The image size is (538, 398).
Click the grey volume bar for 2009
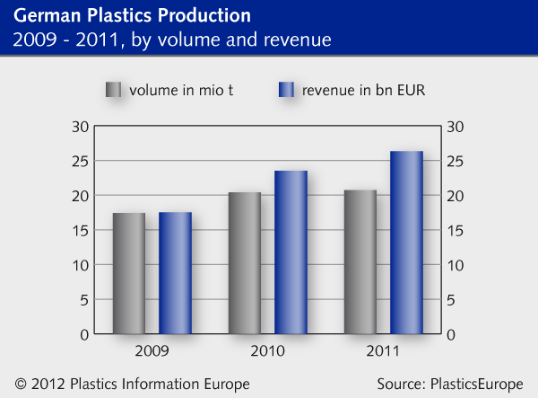tap(128, 273)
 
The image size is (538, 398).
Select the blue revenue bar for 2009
tap(176, 273)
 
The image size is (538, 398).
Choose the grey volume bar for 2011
tap(360, 261)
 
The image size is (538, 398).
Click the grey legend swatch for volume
tap(113, 90)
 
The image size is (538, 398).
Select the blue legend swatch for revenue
tap(286, 90)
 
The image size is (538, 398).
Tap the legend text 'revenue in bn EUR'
tap(359, 90)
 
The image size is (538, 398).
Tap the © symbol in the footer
tap(21, 384)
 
